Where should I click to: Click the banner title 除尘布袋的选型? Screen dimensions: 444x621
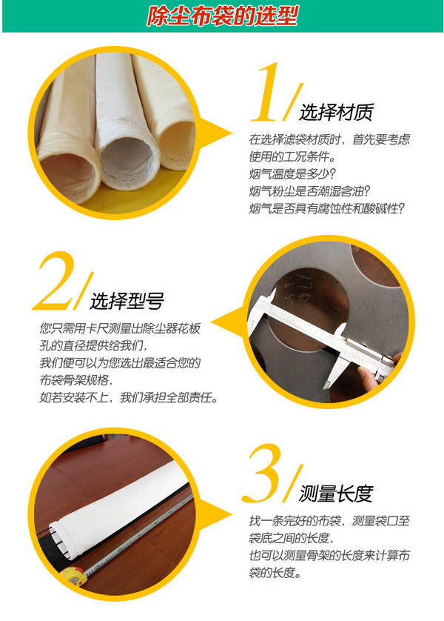222,16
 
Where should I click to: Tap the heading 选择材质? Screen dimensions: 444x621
336,112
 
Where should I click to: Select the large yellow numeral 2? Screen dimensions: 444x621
54,281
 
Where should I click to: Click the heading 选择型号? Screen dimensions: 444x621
127,301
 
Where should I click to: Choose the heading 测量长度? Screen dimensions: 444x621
336,494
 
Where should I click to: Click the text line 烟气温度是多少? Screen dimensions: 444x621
292,173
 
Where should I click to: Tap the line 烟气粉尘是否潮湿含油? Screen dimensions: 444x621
309,191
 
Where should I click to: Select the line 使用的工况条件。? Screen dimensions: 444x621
292,156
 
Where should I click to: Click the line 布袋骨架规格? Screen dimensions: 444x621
77,380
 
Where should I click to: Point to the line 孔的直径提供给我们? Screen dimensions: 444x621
94,345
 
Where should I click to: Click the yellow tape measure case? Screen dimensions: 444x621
73,577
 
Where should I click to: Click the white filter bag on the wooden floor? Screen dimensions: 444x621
121,508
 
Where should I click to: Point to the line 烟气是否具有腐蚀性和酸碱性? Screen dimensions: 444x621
327,208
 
